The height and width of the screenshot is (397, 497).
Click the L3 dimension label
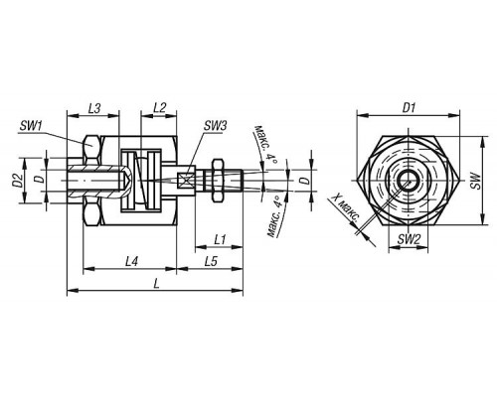pos(94,108)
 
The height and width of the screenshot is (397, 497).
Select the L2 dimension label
pos(160,108)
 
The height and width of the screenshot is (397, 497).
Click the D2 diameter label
pos(19,181)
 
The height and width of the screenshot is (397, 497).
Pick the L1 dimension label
pos(220,239)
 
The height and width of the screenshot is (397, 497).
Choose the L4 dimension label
pos(131,262)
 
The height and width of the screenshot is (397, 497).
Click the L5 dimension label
pos(211,262)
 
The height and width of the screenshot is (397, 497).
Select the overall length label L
pos(156,284)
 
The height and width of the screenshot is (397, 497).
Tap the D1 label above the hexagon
pos(409,108)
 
